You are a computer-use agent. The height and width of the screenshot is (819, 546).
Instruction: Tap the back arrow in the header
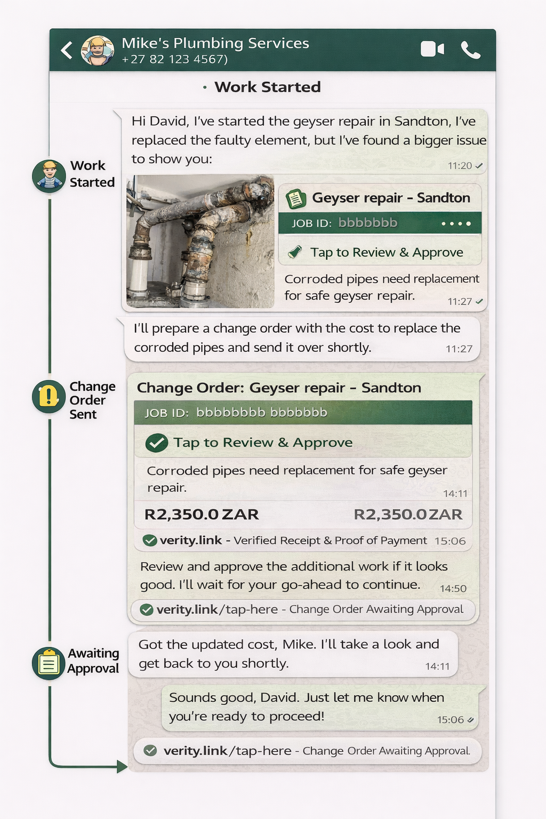[67, 50]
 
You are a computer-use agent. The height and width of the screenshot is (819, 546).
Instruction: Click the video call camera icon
[432, 49]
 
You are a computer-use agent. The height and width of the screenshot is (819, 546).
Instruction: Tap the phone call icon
[470, 50]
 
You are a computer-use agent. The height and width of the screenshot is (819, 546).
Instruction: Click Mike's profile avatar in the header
[98, 51]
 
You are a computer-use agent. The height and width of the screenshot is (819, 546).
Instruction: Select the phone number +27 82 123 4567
[174, 60]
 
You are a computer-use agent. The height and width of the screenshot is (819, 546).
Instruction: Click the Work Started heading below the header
[267, 87]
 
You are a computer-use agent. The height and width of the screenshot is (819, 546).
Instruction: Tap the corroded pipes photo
[200, 241]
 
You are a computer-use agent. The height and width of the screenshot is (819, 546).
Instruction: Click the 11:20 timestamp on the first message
[460, 166]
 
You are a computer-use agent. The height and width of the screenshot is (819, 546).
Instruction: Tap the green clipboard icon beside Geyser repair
[296, 199]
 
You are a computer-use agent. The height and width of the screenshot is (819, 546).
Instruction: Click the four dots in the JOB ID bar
[456, 223]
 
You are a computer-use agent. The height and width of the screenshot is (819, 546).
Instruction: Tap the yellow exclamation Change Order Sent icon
[49, 397]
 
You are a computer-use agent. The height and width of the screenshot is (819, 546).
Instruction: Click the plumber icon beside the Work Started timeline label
[49, 175]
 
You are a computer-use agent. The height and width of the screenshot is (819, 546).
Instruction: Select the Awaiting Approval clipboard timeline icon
[49, 663]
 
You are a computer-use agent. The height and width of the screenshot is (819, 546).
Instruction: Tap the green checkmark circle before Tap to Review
[157, 443]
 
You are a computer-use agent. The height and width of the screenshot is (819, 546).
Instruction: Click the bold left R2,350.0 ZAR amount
[202, 515]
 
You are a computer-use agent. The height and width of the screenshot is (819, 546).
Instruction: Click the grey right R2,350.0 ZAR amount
[408, 515]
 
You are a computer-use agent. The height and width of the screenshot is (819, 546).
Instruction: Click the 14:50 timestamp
[453, 589]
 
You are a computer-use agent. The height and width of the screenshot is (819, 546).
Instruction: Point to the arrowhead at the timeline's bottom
[122, 767]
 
